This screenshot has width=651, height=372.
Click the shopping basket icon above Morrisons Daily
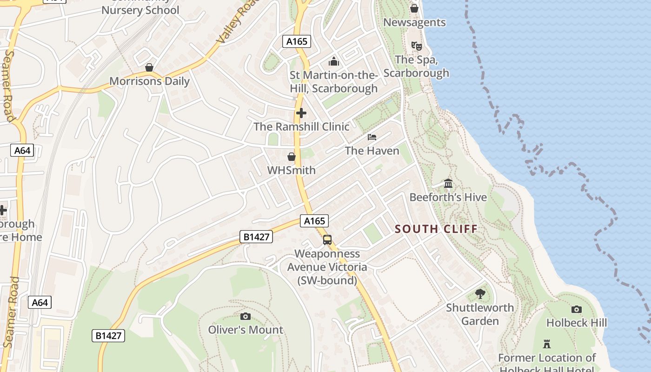tap(149, 67)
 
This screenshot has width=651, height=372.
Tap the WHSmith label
tap(291, 170)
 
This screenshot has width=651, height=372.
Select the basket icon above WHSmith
tap(292, 157)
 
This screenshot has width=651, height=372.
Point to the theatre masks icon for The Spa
tap(416, 46)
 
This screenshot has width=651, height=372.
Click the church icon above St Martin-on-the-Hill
tap(333, 61)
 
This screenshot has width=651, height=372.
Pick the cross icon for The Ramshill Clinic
tap(301, 113)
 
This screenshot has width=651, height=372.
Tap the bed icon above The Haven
tap(372, 137)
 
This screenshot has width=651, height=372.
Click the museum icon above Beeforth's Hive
tap(448, 184)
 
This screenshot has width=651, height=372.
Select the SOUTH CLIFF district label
tap(436, 229)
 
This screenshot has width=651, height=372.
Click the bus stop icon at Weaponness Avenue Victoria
tap(327, 240)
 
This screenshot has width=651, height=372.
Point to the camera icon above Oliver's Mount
tap(246, 317)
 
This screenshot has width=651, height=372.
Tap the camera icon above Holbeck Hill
tap(576, 309)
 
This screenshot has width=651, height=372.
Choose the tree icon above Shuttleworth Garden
tap(480, 294)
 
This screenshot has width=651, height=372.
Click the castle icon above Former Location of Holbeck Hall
tap(547, 344)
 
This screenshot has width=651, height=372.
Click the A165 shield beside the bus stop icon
tap(314, 221)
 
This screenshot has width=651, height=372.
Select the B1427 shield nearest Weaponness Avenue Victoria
tap(256, 237)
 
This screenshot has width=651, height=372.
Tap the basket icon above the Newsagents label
tap(414, 8)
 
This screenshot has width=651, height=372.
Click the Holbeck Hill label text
tap(576, 323)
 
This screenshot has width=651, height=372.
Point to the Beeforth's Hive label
tap(448, 197)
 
